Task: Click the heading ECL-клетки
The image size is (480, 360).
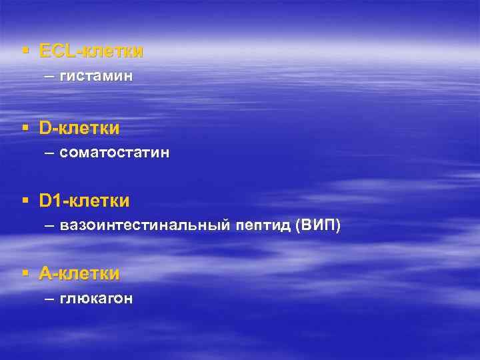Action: pyautogui.click(x=91, y=51)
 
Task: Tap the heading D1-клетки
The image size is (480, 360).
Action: pyautogui.click(x=85, y=200)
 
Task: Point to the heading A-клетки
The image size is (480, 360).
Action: pyautogui.click(x=79, y=273)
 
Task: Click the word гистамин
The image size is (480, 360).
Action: pyautogui.click(x=96, y=77)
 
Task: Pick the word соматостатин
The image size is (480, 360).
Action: pyautogui.click(x=115, y=153)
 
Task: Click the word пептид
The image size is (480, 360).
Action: pyautogui.click(x=262, y=226)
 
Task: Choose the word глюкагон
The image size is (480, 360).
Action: pyautogui.click(x=96, y=299)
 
